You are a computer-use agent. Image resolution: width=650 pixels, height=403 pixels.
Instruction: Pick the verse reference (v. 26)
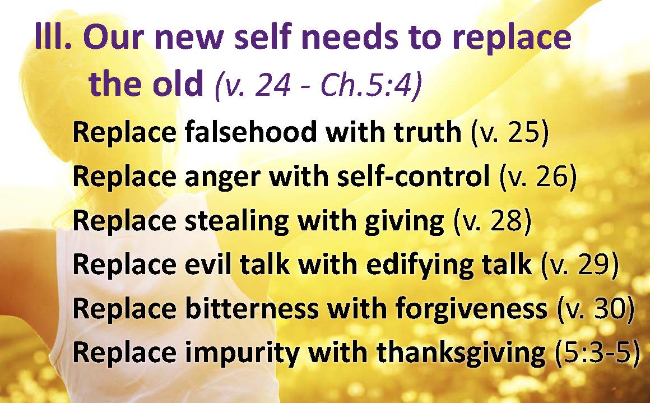coord(538,177)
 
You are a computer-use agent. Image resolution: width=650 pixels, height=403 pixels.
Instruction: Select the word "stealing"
coord(236,221)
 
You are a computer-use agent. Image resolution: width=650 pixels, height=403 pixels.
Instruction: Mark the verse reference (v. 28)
coord(493,221)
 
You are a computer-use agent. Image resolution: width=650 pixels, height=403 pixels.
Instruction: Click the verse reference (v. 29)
coord(580,265)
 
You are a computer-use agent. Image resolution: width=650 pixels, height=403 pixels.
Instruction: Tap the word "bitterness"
coord(252,309)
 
